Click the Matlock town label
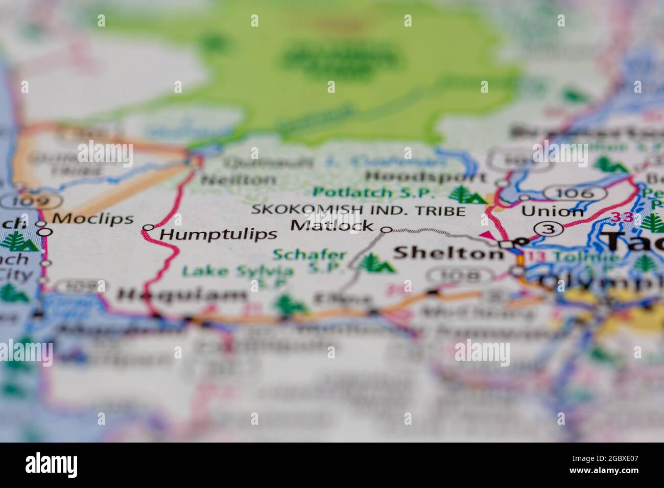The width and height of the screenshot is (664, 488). tap(332, 225)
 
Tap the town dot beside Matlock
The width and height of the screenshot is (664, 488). tap(387, 230)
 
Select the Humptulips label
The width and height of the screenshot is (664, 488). tap(218, 234)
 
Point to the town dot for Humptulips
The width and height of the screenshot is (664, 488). tap(148, 227)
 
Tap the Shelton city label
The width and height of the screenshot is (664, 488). tap(448, 253)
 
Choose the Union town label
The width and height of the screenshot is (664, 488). tap(552, 211)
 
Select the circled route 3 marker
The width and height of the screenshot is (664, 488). tap(548, 229)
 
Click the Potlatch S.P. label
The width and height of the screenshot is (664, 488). tap(374, 193)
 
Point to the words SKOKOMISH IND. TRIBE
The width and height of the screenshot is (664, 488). tap(358, 210)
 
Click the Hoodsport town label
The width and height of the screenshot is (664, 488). tap(426, 177)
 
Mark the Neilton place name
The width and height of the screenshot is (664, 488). tap(238, 180)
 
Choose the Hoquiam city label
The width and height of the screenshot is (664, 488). tap(182, 295)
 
